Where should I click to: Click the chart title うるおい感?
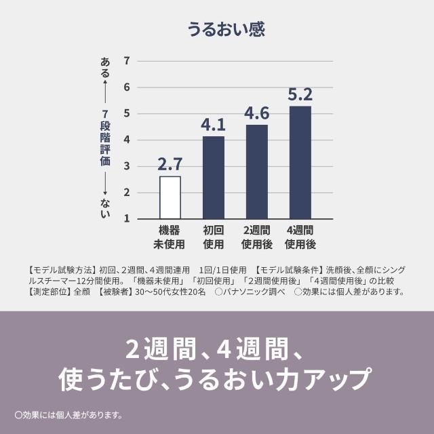point(216,29)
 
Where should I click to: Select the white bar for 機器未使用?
point(170,197)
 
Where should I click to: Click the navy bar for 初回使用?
point(214,177)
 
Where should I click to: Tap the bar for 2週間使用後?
point(257,172)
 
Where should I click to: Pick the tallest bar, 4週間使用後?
point(300,162)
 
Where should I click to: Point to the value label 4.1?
point(214,125)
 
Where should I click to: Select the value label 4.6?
point(257,113)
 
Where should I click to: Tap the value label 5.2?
point(300,94)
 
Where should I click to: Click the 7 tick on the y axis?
point(127,61)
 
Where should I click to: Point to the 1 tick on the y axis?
point(127,219)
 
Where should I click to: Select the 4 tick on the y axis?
point(127,140)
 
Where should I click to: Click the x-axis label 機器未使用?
point(170,237)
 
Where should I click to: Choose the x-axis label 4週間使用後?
point(300,237)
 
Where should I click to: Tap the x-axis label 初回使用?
point(214,237)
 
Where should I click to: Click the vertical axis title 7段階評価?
point(105,140)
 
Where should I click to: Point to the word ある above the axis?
point(105,67)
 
